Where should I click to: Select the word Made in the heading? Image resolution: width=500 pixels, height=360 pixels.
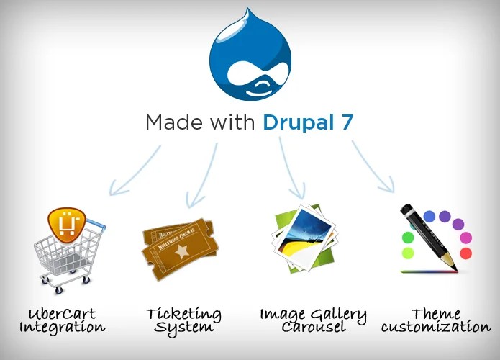[172, 122]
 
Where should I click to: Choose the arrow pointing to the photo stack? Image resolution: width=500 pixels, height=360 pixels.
[290, 169]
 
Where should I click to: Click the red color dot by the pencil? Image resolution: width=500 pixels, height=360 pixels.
[465, 253]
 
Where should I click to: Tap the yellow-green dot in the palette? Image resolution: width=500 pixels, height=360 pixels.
[408, 253]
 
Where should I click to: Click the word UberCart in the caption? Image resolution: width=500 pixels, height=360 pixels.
[63, 315]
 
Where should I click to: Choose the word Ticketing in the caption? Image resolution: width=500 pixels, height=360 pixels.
[183, 315]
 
